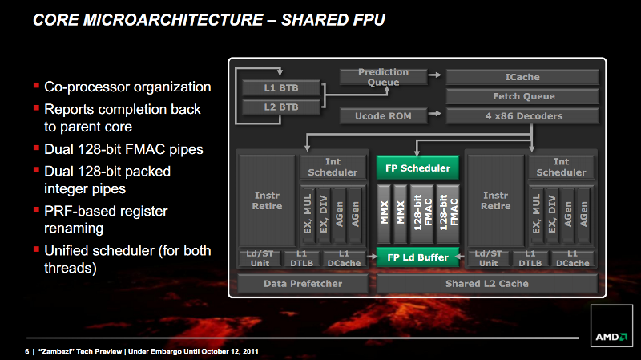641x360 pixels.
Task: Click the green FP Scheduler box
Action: point(417,168)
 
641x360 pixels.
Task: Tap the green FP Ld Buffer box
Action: point(417,257)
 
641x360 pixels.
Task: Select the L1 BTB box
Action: point(281,87)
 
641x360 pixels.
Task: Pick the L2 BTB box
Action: point(281,107)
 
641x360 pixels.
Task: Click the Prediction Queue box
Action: point(383,77)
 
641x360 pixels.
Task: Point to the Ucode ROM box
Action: point(383,116)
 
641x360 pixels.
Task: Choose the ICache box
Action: point(522,77)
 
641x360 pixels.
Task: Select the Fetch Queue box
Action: point(522,96)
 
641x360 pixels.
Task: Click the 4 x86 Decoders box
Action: point(522,116)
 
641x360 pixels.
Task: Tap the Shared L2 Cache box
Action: point(487,284)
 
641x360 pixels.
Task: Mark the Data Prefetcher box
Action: point(303,284)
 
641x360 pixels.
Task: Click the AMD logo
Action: point(611,337)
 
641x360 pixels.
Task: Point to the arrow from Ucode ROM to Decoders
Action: point(435,113)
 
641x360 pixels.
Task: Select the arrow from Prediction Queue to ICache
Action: point(435,75)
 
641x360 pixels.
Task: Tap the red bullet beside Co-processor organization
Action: point(36,85)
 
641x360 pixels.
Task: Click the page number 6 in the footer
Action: point(27,351)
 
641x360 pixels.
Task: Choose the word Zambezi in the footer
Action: point(55,351)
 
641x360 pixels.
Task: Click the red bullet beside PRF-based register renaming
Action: point(36,209)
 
